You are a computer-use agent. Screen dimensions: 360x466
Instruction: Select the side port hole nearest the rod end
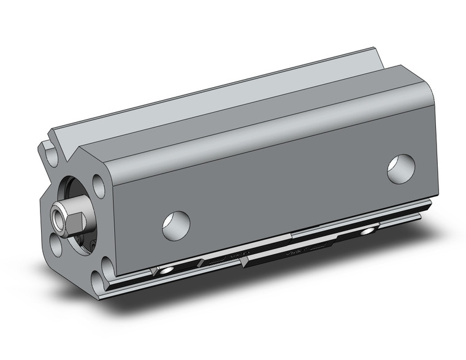click(176, 224)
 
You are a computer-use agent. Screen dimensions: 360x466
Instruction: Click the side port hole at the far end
click(401, 168)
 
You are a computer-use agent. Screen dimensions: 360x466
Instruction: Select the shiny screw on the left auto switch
click(165, 270)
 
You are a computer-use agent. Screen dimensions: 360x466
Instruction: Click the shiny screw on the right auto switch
click(368, 231)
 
